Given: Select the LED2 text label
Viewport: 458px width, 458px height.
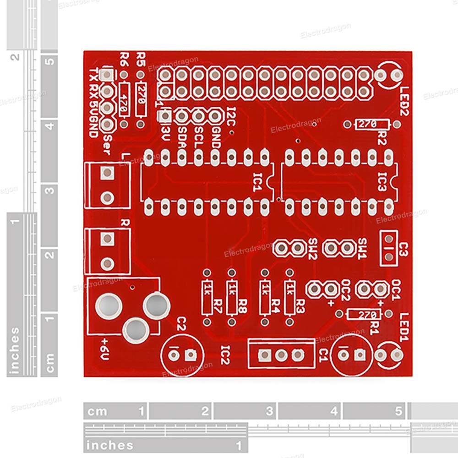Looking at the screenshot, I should [x=405, y=101].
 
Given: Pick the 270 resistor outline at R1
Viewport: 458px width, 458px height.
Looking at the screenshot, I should [x=364, y=314].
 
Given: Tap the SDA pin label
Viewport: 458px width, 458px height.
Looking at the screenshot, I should [x=182, y=136].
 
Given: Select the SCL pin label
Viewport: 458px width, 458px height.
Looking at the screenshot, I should [x=198, y=136].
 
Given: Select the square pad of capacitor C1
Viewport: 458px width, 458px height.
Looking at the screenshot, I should [x=360, y=354].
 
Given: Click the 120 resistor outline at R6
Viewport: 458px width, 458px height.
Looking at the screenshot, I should [x=124, y=99].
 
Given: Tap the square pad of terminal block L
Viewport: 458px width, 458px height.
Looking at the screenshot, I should [x=107, y=173].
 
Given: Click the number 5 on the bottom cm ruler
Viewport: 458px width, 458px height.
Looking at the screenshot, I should [x=399, y=410].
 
